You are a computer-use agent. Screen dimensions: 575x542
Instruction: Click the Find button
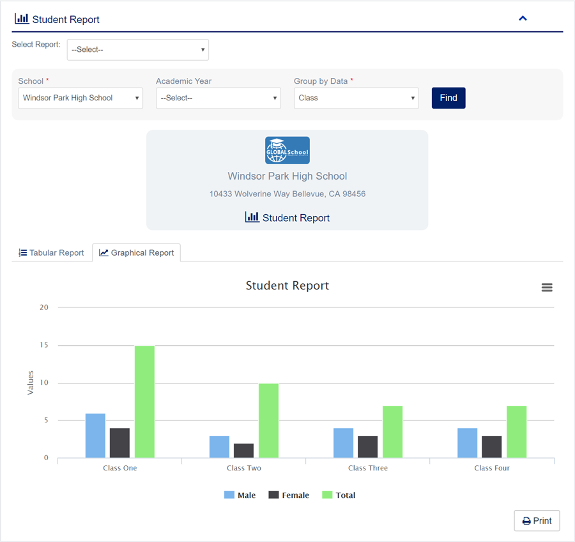pyautogui.click(x=448, y=98)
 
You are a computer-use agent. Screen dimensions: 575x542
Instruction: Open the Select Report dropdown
pyautogui.click(x=138, y=50)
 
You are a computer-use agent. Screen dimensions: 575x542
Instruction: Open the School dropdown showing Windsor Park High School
pyautogui.click(x=80, y=98)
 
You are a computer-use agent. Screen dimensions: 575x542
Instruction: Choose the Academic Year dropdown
pyautogui.click(x=218, y=98)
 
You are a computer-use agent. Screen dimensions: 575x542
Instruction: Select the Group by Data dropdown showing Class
pyautogui.click(x=356, y=98)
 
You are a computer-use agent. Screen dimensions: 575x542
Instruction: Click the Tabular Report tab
pyautogui.click(x=51, y=253)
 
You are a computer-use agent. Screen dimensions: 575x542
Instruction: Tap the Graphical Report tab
pyautogui.click(x=137, y=253)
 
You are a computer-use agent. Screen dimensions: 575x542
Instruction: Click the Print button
pyautogui.click(x=537, y=521)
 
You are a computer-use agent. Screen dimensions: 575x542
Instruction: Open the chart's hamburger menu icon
pyautogui.click(x=547, y=288)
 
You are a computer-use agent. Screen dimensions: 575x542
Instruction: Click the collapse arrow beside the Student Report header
pyautogui.click(x=523, y=19)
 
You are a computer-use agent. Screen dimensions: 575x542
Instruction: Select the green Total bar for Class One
pyautogui.click(x=144, y=402)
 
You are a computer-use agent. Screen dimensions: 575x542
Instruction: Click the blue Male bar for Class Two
pyautogui.click(x=219, y=447)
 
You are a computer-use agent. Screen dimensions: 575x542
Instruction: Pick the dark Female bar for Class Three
pyautogui.click(x=368, y=447)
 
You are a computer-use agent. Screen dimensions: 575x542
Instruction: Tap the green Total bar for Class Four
pyautogui.click(x=517, y=432)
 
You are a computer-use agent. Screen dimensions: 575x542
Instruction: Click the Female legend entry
pyautogui.click(x=289, y=495)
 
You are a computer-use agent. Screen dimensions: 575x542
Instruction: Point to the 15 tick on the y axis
pyautogui.click(x=44, y=345)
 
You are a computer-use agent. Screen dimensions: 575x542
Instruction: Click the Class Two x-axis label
pyautogui.click(x=244, y=468)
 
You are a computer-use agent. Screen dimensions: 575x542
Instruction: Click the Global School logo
pyautogui.click(x=287, y=150)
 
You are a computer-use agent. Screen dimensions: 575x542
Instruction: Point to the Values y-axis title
pyautogui.click(x=31, y=383)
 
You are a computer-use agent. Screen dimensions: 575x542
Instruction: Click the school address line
pyautogui.click(x=287, y=194)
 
